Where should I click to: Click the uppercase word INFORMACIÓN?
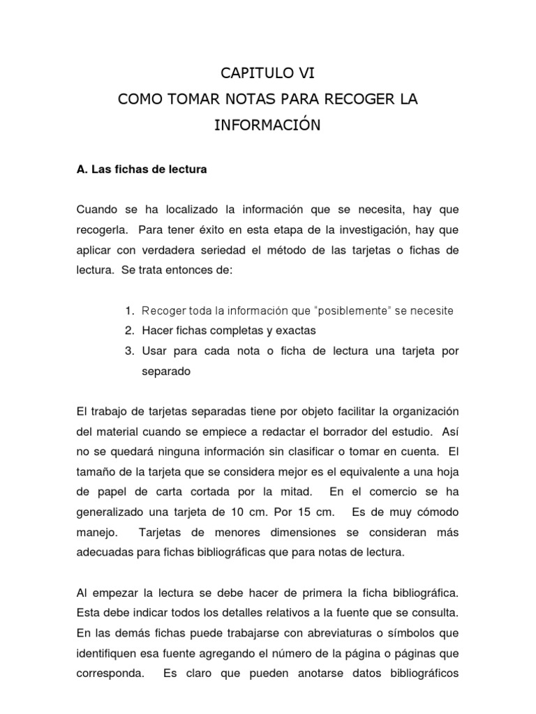click(x=268, y=126)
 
